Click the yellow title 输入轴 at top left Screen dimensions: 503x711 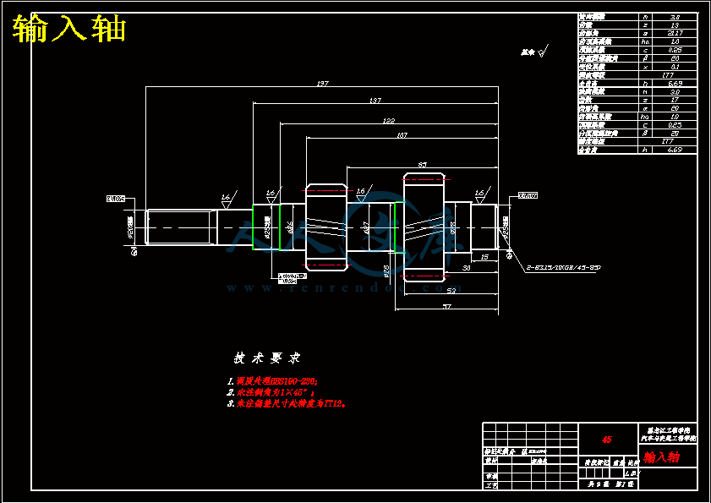[70, 29]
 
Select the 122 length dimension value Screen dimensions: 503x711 [388, 121]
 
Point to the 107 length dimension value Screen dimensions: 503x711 [402, 135]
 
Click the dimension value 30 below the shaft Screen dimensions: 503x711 [466, 269]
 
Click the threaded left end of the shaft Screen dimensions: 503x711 [178, 227]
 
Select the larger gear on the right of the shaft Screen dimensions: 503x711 [424, 227]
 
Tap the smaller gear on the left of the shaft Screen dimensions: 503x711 [326, 227]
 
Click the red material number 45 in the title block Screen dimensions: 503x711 [606, 440]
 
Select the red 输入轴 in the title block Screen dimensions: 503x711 [662, 457]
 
